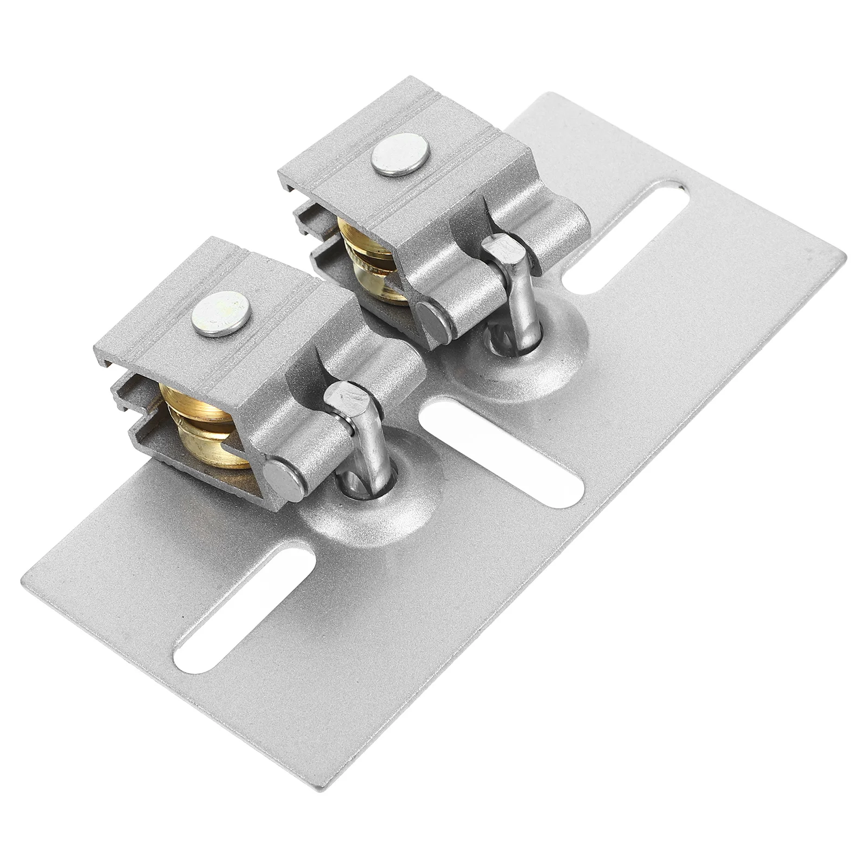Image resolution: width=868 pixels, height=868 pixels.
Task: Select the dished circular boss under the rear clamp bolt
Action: [x=529, y=353]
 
